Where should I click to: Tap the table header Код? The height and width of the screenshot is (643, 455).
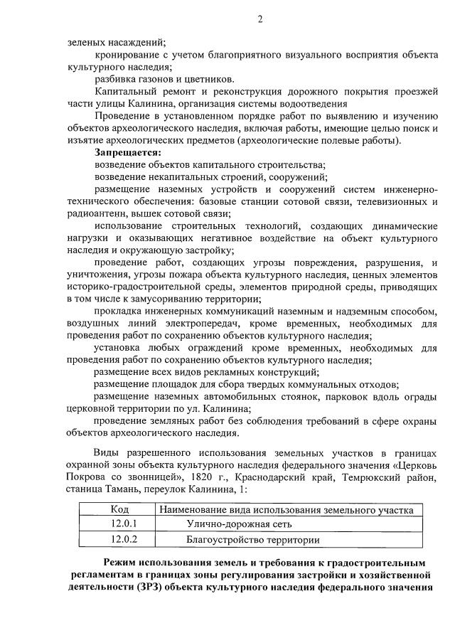119,509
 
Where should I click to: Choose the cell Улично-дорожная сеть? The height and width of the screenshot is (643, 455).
229,524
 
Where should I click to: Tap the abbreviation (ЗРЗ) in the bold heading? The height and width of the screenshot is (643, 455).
143,588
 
